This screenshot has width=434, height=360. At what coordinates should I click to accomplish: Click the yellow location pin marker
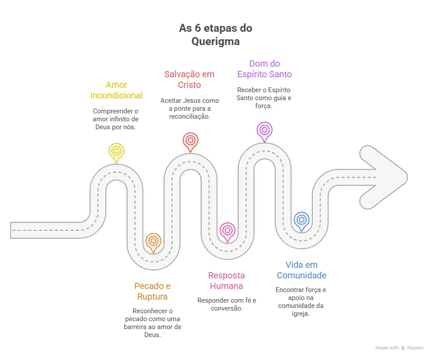pyautogui.click(x=116, y=151)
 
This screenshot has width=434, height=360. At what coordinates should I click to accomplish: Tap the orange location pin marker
pyautogui.click(x=153, y=241)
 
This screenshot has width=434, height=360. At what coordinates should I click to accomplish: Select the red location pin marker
pyautogui.click(x=191, y=140)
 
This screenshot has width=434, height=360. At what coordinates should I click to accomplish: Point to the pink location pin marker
pyautogui.click(x=228, y=230)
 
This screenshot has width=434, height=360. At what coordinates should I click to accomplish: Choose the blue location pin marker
pyautogui.click(x=302, y=220)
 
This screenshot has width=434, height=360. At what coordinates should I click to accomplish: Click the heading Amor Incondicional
pyautogui.click(x=116, y=90)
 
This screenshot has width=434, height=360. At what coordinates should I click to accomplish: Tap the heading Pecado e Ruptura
pyautogui.click(x=152, y=291)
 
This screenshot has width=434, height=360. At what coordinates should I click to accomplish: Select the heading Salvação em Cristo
pyautogui.click(x=189, y=79)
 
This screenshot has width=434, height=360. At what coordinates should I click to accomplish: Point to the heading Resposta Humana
pyautogui.click(x=226, y=281)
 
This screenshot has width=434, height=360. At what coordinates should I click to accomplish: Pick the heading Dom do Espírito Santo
pyautogui.click(x=265, y=69)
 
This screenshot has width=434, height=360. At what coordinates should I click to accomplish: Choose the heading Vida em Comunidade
pyautogui.click(x=302, y=270)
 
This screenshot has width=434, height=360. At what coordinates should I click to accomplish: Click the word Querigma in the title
pyautogui.click(x=216, y=41)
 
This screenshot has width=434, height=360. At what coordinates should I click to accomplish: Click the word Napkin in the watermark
pyautogui.click(x=415, y=348)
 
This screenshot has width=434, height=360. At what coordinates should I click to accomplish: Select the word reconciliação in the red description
pyautogui.click(x=189, y=116)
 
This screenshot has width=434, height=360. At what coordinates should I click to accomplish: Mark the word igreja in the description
pyautogui.click(x=302, y=314)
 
